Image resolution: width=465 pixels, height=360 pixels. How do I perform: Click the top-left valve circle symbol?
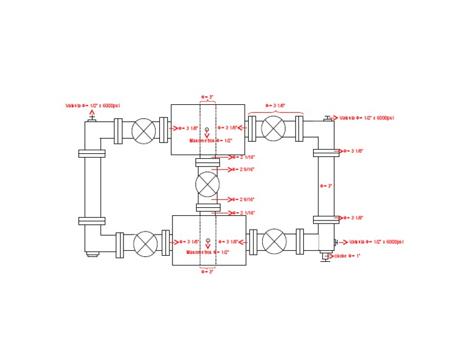point(145,130)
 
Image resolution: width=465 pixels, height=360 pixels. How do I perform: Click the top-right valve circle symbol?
point(274,128)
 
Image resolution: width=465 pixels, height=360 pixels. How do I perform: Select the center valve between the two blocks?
point(208,184)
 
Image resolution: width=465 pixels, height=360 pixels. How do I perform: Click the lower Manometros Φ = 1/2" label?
point(208,252)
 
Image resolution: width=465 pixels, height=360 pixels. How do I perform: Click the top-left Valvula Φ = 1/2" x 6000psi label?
point(93,105)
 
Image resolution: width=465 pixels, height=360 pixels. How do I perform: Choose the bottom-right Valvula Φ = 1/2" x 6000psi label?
point(376,242)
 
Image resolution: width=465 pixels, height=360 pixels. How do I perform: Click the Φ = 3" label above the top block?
point(208,97)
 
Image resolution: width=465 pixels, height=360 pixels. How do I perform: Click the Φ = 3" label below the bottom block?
point(208,272)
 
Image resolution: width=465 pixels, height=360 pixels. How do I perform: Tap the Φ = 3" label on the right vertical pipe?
point(326,185)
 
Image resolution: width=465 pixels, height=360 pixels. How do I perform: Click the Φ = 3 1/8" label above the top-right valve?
point(275,105)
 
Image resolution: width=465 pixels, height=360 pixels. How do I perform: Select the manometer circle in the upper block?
point(207,129)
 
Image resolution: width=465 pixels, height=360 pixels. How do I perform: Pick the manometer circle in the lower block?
point(208,241)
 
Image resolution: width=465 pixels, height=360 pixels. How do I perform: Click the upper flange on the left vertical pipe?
point(92,153)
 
